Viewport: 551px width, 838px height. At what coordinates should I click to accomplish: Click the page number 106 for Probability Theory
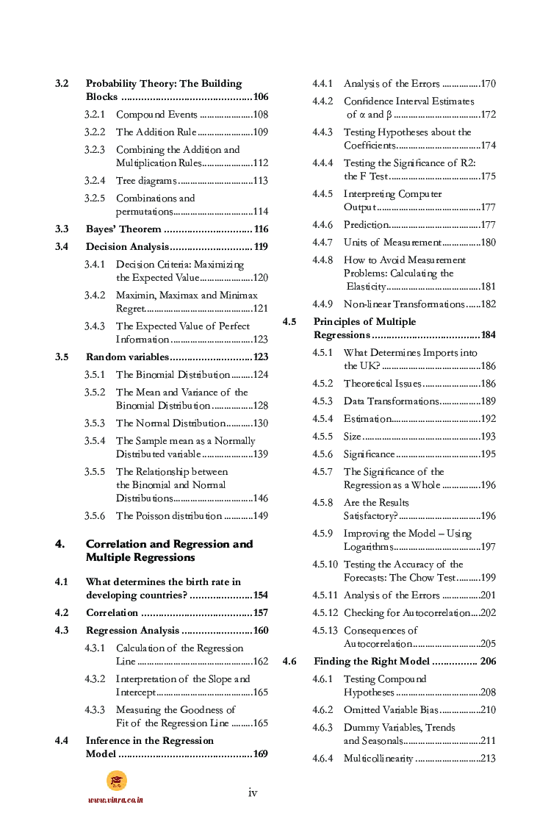pyautogui.click(x=260, y=97)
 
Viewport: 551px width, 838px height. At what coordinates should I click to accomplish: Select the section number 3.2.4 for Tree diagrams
pyautogui.click(x=94, y=181)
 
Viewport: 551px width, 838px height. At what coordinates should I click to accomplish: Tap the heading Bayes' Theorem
pyautogui.click(x=123, y=229)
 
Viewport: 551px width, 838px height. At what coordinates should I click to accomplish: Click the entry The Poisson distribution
pyautogui.click(x=168, y=516)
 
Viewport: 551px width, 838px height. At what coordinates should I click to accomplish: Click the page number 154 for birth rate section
pyautogui.click(x=260, y=595)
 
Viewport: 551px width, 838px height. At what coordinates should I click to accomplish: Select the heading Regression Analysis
pyautogui.click(x=132, y=631)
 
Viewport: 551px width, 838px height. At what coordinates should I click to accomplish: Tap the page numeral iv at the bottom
pyautogui.click(x=253, y=792)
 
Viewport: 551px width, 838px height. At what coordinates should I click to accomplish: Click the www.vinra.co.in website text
pyautogui.click(x=115, y=800)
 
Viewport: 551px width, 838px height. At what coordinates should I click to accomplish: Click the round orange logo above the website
pyautogui.click(x=116, y=780)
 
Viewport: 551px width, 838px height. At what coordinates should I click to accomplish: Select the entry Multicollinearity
pyautogui.click(x=378, y=759)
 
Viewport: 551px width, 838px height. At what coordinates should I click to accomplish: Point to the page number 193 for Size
pyautogui.click(x=488, y=437)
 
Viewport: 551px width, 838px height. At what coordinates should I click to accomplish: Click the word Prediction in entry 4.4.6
pyautogui.click(x=365, y=225)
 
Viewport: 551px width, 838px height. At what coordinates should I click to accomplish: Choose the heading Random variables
pyautogui.click(x=127, y=357)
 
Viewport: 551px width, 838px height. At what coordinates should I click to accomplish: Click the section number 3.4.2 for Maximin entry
pyautogui.click(x=94, y=296)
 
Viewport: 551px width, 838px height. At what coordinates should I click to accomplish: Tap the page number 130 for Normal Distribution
pyautogui.click(x=260, y=423)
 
